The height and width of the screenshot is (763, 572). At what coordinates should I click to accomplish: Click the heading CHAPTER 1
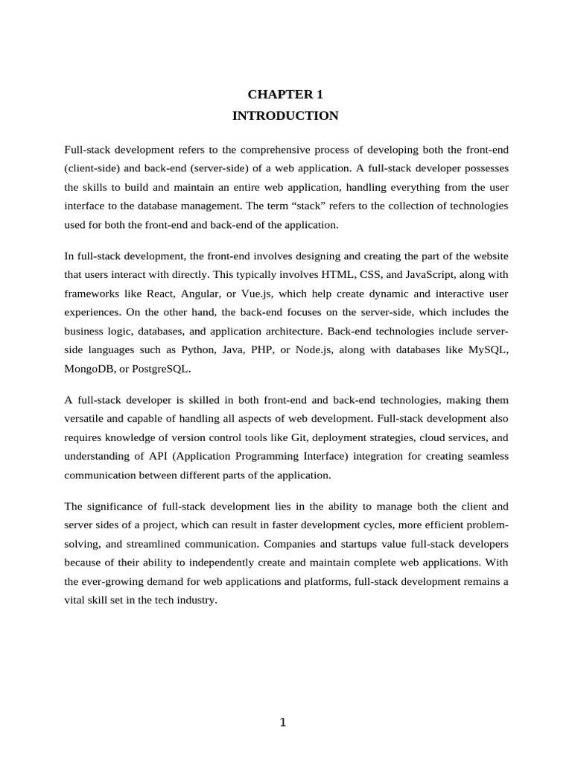point(285,95)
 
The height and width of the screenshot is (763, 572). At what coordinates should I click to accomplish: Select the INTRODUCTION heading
point(285,115)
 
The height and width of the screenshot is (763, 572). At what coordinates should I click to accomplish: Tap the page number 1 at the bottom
point(283,722)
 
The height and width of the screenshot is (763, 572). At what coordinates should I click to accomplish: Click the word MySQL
point(488,349)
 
